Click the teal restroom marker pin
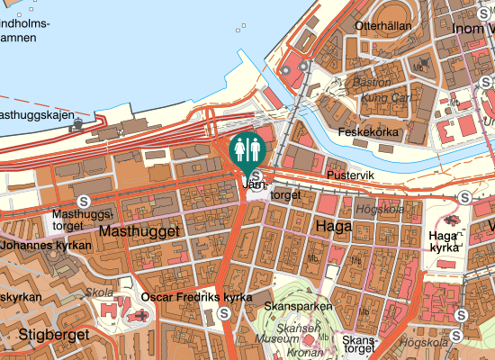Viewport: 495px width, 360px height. tap(247, 150)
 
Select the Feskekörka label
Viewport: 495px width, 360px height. tap(367, 132)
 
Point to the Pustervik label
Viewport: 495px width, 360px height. tap(349, 175)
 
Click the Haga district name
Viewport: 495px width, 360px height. tap(333, 227)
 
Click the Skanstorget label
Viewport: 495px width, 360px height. tap(357, 346)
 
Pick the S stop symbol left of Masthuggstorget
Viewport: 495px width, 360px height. tap(84, 201)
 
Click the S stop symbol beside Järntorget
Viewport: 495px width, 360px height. tap(256, 175)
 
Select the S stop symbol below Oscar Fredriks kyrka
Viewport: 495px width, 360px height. tap(223, 313)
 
